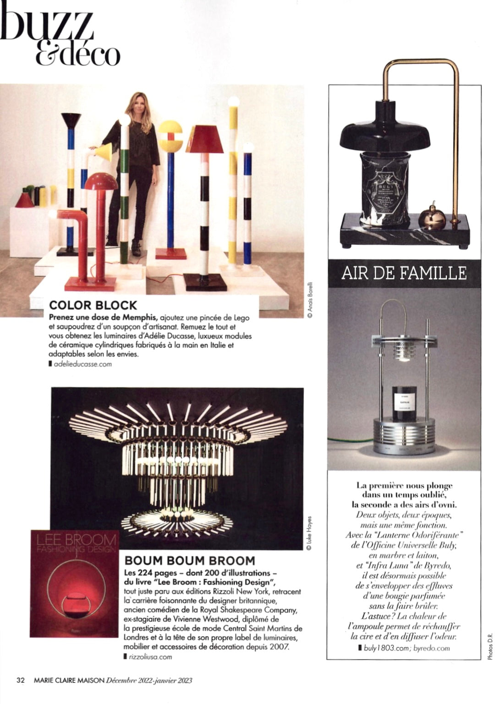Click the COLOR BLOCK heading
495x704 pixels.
click(93, 305)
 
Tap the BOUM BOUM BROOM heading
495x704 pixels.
click(190, 561)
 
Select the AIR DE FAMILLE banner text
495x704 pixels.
click(404, 273)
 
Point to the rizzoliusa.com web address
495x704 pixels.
click(151, 657)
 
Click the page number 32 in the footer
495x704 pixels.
click(20, 680)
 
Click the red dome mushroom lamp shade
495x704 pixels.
click(101, 181)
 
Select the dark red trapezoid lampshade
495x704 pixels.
click(204, 139)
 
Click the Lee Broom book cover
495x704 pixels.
click(75, 583)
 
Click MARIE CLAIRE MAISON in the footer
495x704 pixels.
click(69, 680)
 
